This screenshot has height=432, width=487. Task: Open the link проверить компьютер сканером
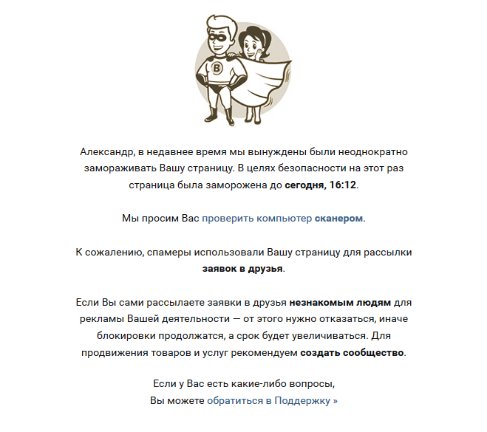click(283, 219)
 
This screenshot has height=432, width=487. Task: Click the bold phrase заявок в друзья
click(242, 268)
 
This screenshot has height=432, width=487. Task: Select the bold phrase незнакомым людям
click(339, 303)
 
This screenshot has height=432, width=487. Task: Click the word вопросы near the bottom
click(313, 385)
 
